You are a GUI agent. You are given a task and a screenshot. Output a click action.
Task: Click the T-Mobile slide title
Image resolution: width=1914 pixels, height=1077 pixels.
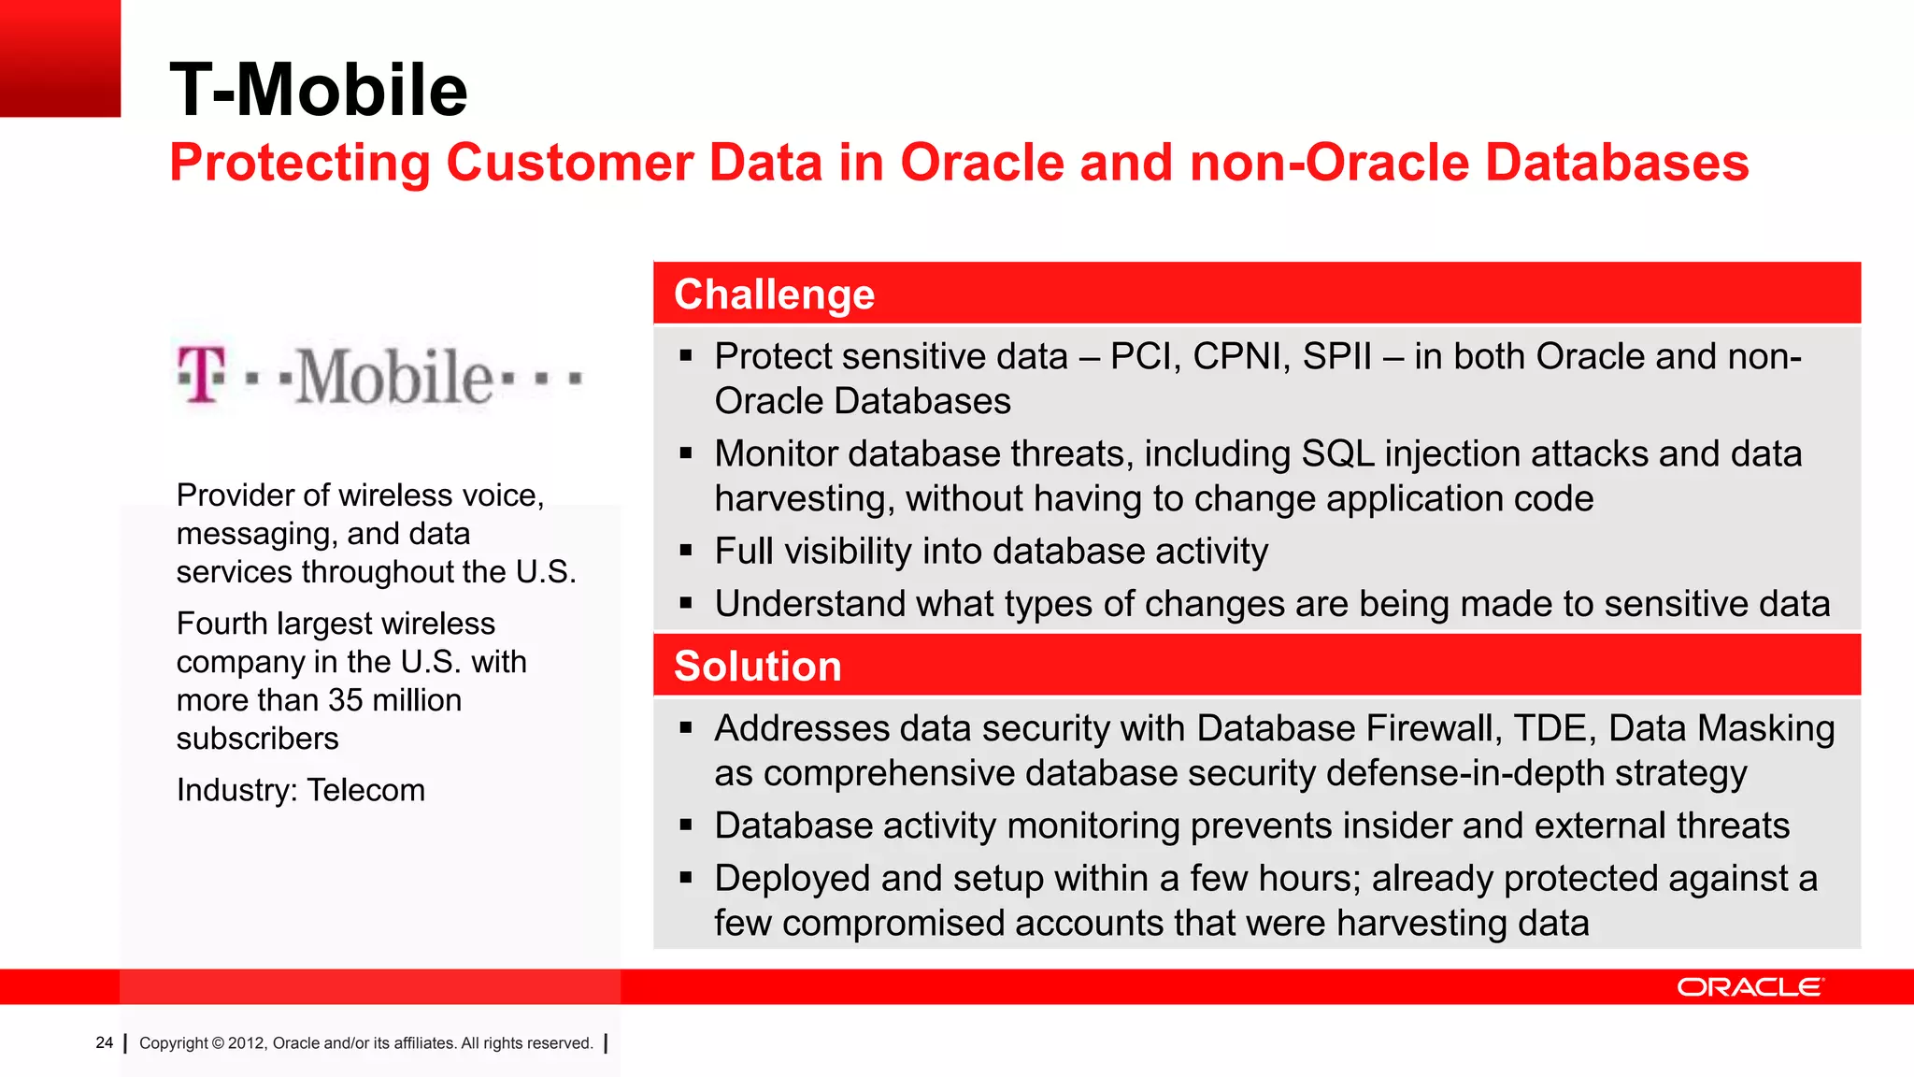318,90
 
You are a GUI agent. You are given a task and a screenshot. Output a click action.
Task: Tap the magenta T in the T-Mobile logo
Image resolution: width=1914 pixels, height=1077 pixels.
203,375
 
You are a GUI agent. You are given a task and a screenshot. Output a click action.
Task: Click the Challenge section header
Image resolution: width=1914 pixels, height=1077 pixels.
774,294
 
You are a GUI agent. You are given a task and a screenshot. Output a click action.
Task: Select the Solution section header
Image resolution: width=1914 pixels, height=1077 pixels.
757,666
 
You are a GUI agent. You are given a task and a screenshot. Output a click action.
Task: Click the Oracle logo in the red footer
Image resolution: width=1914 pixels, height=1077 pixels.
1749,987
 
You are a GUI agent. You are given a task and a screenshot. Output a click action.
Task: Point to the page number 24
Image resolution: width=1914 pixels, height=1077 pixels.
104,1042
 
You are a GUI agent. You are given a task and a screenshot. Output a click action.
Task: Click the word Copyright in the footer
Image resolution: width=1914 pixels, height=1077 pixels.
174,1043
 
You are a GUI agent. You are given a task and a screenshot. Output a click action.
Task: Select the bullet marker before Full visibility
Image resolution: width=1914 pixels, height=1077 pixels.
686,552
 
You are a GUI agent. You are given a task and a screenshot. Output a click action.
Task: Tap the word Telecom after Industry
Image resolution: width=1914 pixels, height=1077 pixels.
365,790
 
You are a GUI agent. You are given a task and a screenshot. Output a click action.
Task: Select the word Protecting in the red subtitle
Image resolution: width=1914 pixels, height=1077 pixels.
299,163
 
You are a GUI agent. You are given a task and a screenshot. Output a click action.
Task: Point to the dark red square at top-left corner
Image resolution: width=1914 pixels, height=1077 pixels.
60,58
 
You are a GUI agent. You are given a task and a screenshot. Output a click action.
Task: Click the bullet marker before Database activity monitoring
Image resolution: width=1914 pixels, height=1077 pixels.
686,826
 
